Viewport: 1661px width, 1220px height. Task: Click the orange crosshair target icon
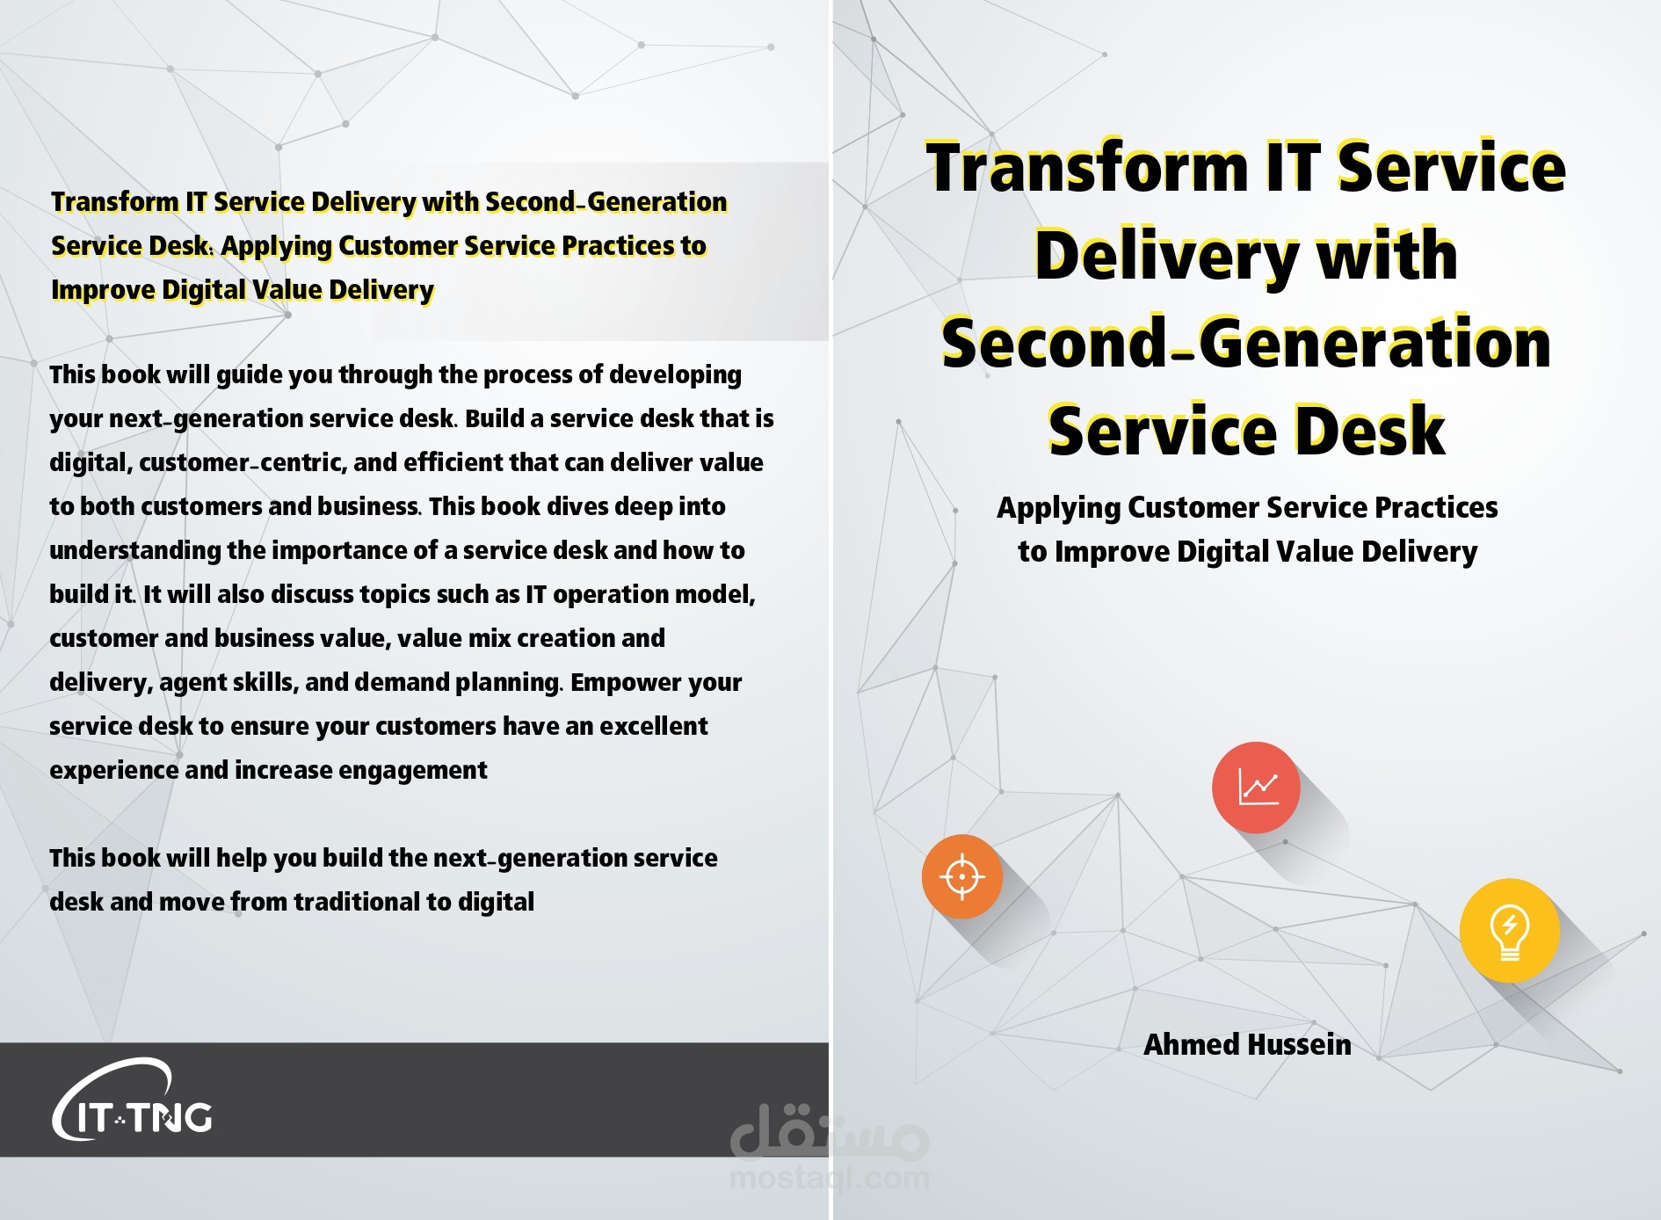961,876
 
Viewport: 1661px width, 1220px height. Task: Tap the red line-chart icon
1256,787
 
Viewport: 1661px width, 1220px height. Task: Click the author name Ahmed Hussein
1247,1044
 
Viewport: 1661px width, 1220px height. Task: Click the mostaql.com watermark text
830,1177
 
